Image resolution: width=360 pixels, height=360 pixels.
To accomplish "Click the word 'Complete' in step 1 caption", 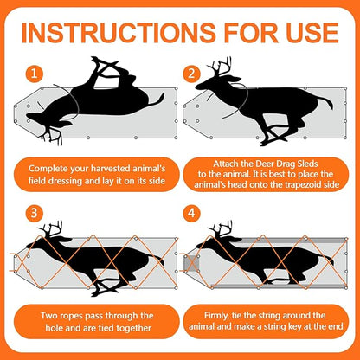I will (54, 167).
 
